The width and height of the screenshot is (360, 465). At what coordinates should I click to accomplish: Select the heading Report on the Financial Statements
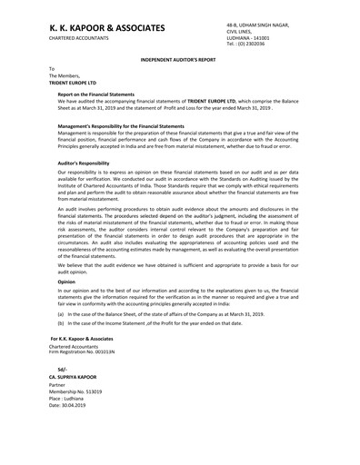click(97, 94)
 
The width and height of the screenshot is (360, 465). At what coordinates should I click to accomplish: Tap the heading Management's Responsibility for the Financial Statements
click(121, 125)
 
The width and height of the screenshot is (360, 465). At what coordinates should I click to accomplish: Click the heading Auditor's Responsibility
click(83, 163)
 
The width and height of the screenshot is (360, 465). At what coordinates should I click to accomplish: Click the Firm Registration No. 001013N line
click(82, 351)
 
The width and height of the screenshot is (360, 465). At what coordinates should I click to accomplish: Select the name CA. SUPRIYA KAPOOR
click(80, 378)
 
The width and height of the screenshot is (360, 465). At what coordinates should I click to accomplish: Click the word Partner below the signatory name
click(59, 386)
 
